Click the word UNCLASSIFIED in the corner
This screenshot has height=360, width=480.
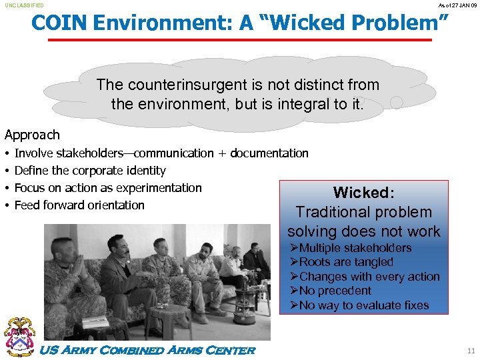point(25,5)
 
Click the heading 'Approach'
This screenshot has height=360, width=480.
point(32,135)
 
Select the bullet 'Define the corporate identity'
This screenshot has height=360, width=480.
point(90,171)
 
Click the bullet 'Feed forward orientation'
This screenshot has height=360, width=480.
point(79,205)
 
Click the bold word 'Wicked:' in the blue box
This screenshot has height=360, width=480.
point(364,193)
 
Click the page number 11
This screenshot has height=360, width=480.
point(471,351)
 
